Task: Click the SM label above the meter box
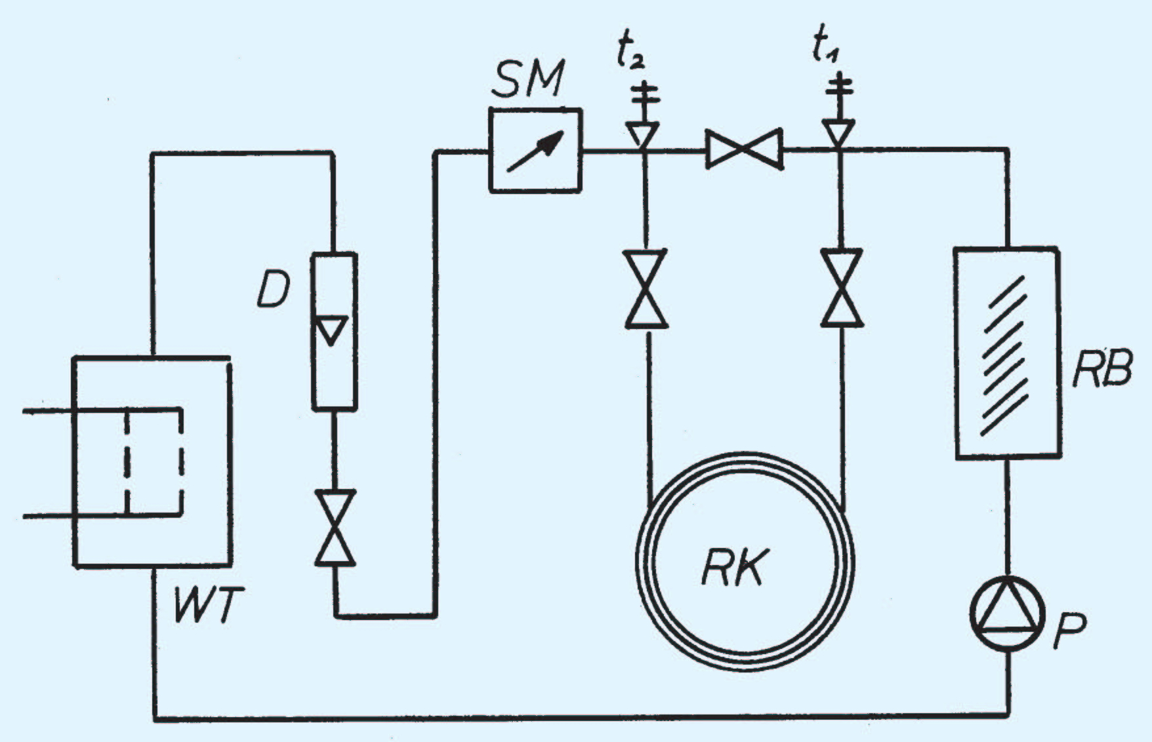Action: click(x=528, y=80)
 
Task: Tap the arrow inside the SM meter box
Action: click(x=535, y=151)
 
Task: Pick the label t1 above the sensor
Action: click(x=825, y=48)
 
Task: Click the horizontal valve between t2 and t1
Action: click(x=744, y=149)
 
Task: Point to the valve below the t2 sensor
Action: click(x=646, y=288)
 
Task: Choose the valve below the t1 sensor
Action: click(x=842, y=288)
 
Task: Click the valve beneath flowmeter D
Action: click(x=335, y=527)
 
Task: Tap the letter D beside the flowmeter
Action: click(x=272, y=291)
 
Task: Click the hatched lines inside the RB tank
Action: click(x=1003, y=355)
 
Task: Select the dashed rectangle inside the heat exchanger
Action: click(x=154, y=463)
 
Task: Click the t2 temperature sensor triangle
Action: click(x=642, y=134)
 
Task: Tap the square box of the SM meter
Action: click(x=535, y=150)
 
